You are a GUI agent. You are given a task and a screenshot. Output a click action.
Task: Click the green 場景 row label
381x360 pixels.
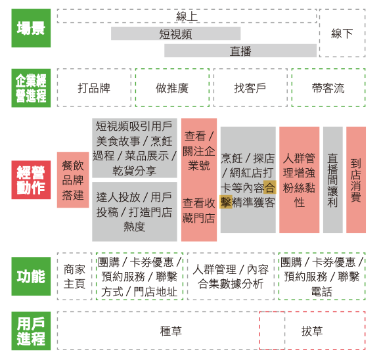(x=31, y=28)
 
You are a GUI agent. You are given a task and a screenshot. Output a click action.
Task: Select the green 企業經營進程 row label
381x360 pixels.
(x=31, y=88)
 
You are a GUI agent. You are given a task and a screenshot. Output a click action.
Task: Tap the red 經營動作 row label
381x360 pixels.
(x=31, y=180)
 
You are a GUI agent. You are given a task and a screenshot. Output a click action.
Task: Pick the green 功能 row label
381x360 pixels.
(x=31, y=277)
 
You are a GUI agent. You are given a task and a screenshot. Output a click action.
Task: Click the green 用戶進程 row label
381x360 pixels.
(x=31, y=331)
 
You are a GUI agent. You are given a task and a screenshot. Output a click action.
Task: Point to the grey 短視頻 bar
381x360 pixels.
(x=175, y=34)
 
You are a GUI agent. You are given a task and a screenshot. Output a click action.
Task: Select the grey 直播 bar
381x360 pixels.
(x=240, y=51)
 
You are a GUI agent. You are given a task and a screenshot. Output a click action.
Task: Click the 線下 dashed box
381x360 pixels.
(x=342, y=33)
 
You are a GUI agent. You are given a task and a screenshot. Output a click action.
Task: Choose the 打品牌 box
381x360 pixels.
(x=94, y=88)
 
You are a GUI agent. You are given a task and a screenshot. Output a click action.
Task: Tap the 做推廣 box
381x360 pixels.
(x=172, y=88)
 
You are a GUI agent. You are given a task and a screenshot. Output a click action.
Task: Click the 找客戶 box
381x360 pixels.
(x=250, y=88)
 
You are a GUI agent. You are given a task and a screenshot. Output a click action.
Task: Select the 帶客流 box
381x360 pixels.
(x=328, y=88)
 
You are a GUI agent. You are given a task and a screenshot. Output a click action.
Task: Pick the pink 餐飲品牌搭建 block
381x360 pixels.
(x=73, y=180)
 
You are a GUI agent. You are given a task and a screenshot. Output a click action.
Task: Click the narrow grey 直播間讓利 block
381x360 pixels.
(x=332, y=180)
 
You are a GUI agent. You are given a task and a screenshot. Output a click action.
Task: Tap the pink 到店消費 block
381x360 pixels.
(x=356, y=180)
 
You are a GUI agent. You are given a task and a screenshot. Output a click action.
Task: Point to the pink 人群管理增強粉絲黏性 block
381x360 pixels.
(x=299, y=180)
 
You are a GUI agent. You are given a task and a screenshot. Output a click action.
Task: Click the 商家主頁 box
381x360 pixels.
(x=74, y=277)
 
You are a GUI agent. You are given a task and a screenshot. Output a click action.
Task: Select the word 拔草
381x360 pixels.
(x=312, y=331)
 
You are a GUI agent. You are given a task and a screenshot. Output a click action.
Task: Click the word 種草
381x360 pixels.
(x=171, y=331)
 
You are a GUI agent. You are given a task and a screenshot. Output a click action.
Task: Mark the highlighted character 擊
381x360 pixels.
(x=226, y=202)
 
